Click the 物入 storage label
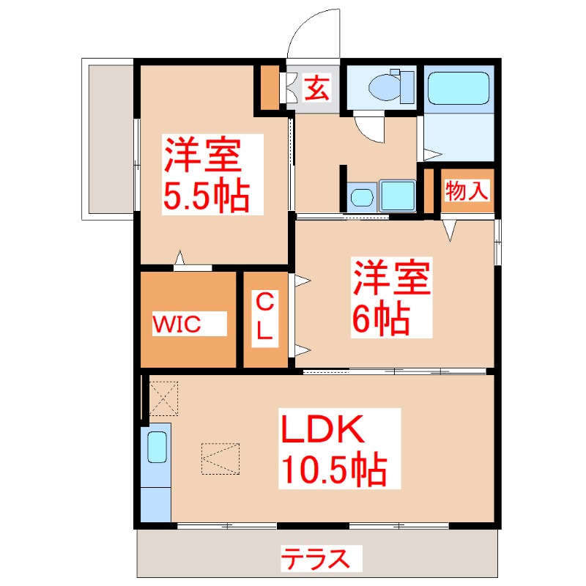tap(467, 191)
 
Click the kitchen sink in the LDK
tap(157, 446)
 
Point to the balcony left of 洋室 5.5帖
tap(108, 138)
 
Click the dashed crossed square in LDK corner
tap(163, 397)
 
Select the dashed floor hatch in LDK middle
tap(221, 459)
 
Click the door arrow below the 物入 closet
tap(450, 231)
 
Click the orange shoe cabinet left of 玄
tap(270, 86)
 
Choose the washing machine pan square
tap(397, 196)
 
